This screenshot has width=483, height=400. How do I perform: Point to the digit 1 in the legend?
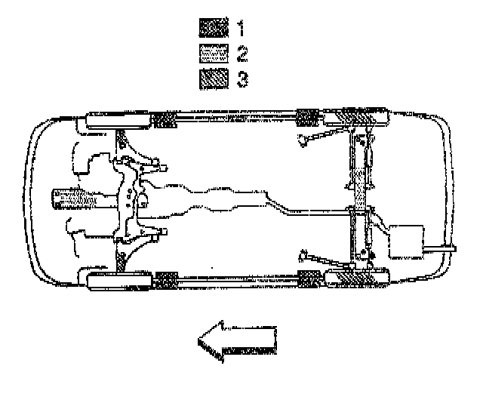241,30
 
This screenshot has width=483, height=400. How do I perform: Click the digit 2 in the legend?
241,54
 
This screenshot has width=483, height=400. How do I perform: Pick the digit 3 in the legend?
241,78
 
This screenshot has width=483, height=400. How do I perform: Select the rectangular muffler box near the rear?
405,241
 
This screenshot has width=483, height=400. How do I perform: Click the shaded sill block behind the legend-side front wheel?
165,119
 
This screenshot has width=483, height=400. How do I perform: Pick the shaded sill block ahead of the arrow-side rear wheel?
309,281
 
